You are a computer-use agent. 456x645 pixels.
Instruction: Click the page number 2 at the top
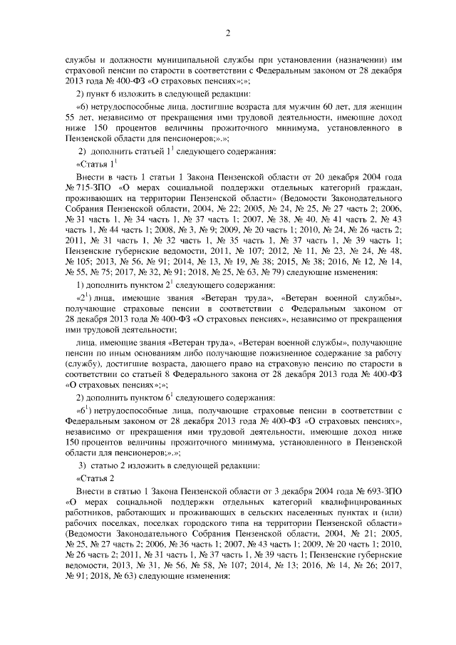(228, 33)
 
